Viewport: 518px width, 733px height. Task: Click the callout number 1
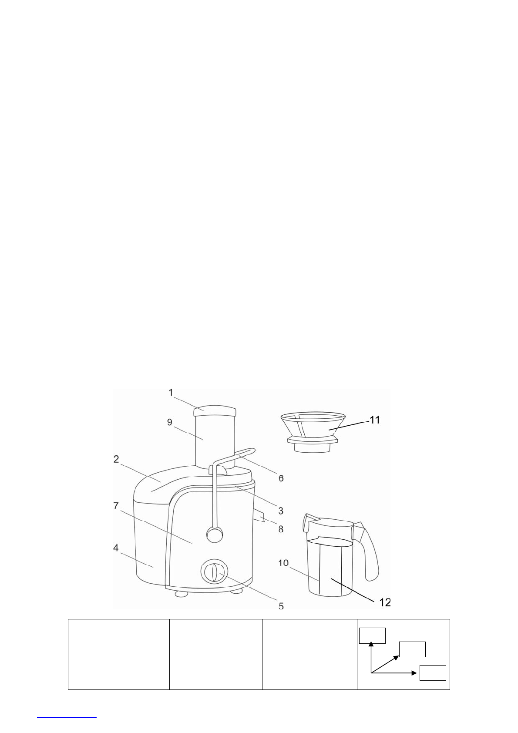[171, 392]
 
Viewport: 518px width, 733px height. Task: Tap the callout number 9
[169, 422]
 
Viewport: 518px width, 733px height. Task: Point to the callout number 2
[116, 459]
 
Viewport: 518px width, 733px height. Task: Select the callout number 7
[116, 506]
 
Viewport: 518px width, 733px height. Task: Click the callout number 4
[116, 548]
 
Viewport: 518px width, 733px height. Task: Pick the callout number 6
[281, 478]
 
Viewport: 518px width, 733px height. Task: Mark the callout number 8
[281, 529]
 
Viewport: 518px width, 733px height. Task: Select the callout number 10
[283, 563]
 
